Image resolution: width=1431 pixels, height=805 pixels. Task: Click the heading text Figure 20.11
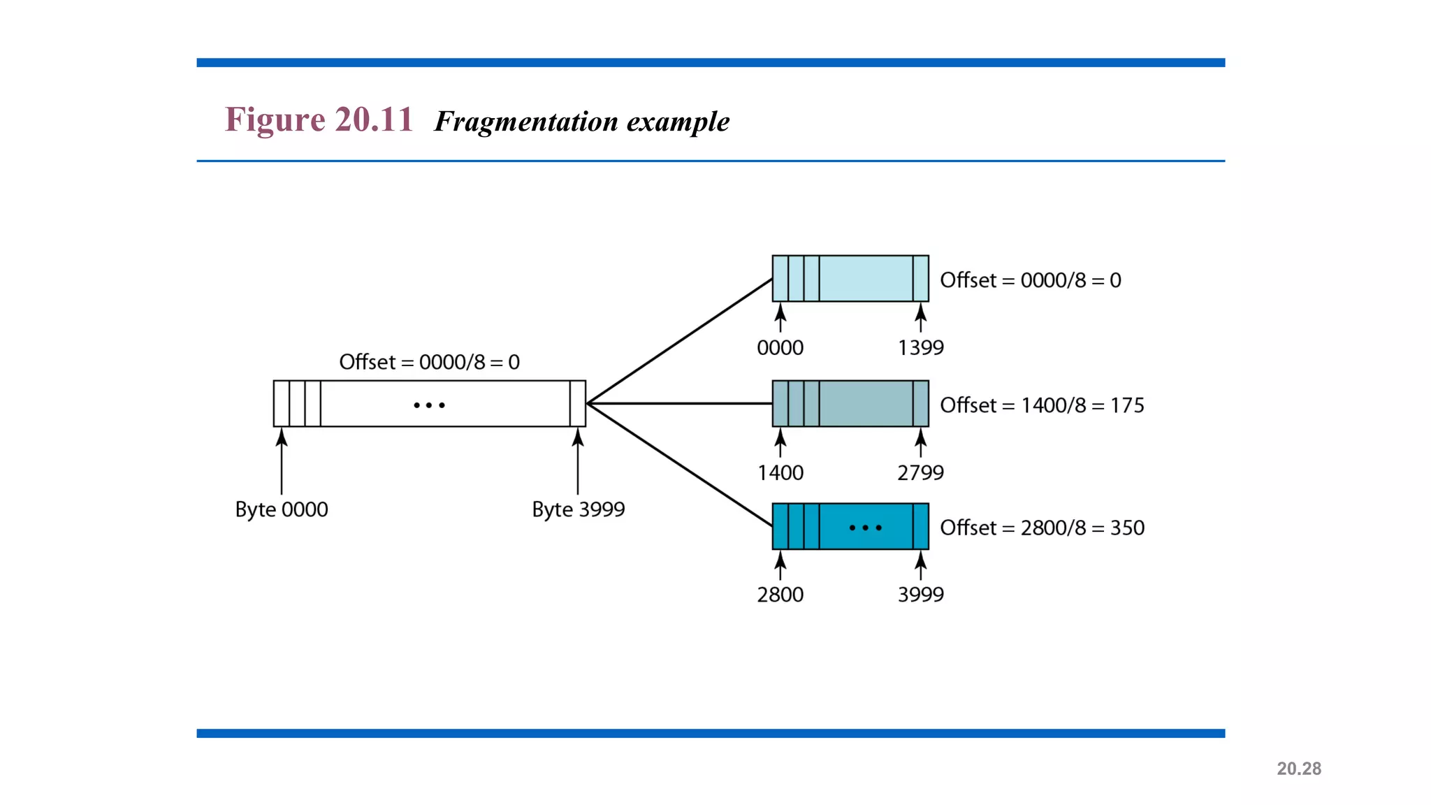[319, 119]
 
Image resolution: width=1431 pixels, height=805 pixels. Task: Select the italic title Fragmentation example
[581, 122]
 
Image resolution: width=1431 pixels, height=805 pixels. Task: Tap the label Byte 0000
[282, 509]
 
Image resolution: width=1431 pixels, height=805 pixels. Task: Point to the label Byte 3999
[578, 509]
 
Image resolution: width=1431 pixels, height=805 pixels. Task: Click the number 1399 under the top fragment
[920, 347]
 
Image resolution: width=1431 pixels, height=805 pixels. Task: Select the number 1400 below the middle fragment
[780, 473]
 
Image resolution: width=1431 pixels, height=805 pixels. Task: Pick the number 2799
[920, 473]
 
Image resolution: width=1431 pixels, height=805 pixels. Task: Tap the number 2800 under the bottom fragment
[780, 595]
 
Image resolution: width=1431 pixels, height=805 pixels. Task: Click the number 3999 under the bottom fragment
[920, 595]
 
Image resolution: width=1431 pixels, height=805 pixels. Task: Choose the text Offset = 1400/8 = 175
[1042, 405]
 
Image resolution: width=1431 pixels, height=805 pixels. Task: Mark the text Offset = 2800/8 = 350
[1042, 528]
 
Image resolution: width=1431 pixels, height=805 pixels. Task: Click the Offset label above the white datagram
[429, 362]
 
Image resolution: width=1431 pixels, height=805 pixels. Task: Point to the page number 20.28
[1298, 769]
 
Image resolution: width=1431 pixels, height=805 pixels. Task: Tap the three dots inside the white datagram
[429, 405]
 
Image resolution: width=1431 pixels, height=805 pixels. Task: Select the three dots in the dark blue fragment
[865, 528]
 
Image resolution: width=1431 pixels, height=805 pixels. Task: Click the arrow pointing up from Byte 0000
[282, 461]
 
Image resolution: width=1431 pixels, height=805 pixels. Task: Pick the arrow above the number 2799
[921, 443]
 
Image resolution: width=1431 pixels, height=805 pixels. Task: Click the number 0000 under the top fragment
[780, 347]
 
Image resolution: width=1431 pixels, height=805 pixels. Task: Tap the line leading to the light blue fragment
[679, 341]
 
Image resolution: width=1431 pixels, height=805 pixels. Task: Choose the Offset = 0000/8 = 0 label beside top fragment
[1030, 280]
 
